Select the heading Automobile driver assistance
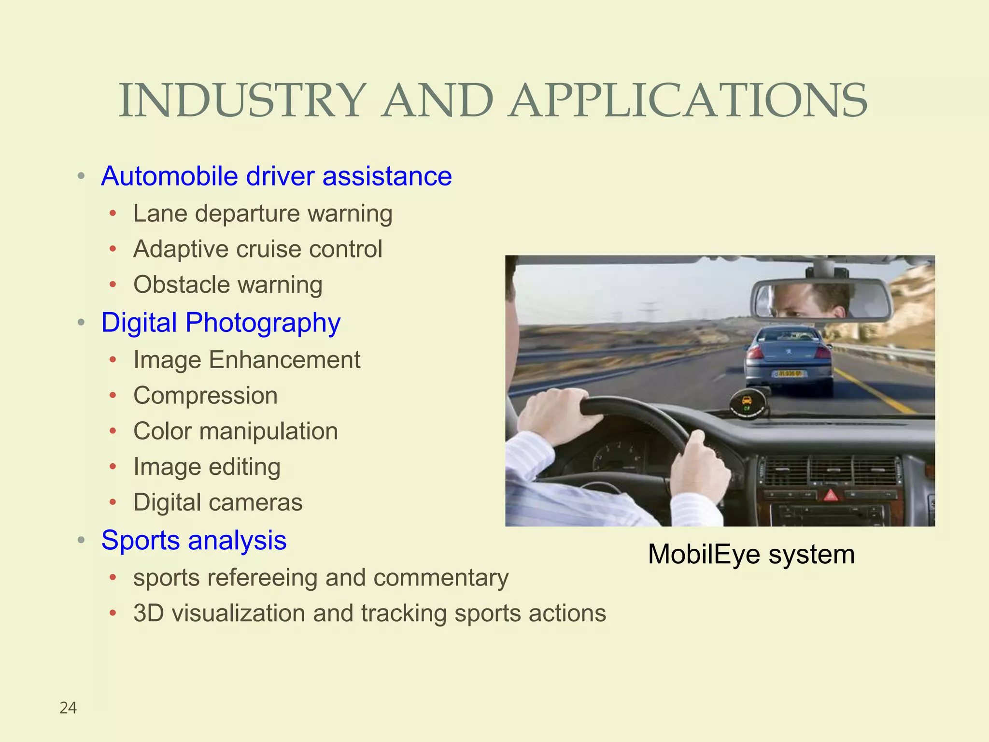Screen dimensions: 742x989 pos(276,176)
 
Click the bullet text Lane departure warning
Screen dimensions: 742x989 pos(263,214)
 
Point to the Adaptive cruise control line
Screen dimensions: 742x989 pos(258,249)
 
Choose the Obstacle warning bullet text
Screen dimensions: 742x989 pos(228,285)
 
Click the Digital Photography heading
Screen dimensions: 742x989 pos(221,323)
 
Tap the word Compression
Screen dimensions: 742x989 pos(206,396)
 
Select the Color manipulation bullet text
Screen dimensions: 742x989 pos(236,431)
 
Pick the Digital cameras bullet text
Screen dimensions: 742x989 pos(218,502)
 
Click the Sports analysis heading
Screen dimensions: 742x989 pos(194,540)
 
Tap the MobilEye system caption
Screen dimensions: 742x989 pos(751,554)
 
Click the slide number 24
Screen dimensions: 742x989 pos(68,708)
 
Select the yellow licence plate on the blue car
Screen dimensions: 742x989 pos(788,373)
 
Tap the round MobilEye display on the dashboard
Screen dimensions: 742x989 pos(747,404)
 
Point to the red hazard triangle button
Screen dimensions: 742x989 pos(830,495)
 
